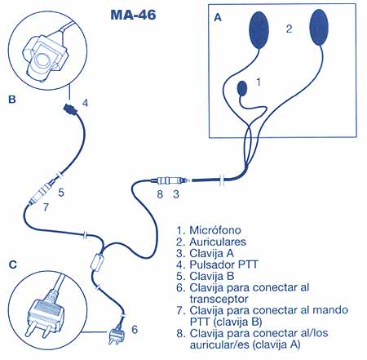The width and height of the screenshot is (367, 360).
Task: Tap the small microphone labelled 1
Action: tap(241, 87)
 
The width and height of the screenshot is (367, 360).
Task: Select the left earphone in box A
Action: tap(260, 30)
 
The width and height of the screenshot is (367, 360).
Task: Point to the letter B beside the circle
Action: tap(11, 102)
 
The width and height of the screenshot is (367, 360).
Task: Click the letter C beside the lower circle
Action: tap(11, 264)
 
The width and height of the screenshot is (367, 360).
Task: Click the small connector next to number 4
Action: tap(70, 107)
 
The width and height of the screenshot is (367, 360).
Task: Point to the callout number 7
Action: tap(45, 207)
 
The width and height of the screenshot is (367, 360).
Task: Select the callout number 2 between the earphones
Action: tap(288, 29)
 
